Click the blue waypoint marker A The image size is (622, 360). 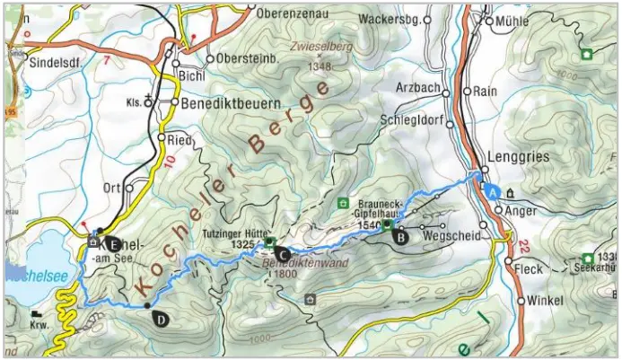491,190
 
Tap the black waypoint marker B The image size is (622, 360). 401,238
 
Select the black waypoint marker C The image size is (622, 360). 282,254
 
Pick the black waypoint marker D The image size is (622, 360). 161,317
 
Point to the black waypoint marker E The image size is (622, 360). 112,241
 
